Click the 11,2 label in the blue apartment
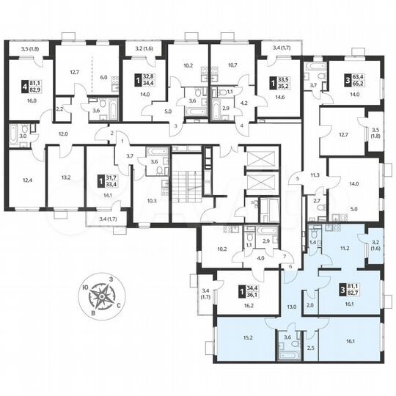341,249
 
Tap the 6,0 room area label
103,78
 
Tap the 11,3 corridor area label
316,175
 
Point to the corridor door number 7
284,256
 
